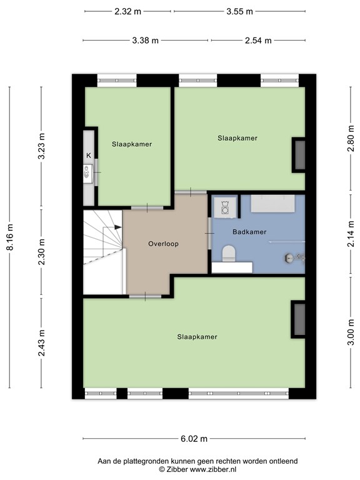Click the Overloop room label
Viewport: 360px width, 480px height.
(163, 244)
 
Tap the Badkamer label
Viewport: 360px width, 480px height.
(249, 232)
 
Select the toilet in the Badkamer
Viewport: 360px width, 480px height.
(228, 253)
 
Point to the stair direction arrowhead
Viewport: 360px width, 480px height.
(118, 227)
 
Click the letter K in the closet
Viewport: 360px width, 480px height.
(88, 155)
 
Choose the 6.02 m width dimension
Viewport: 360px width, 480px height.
(194, 439)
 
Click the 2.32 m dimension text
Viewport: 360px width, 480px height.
(128, 11)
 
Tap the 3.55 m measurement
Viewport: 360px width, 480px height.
(240, 11)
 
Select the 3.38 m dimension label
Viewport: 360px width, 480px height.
(146, 41)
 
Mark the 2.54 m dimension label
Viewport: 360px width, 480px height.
(258, 41)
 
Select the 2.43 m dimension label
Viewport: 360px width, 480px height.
(41, 342)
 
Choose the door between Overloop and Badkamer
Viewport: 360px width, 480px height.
(209, 233)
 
